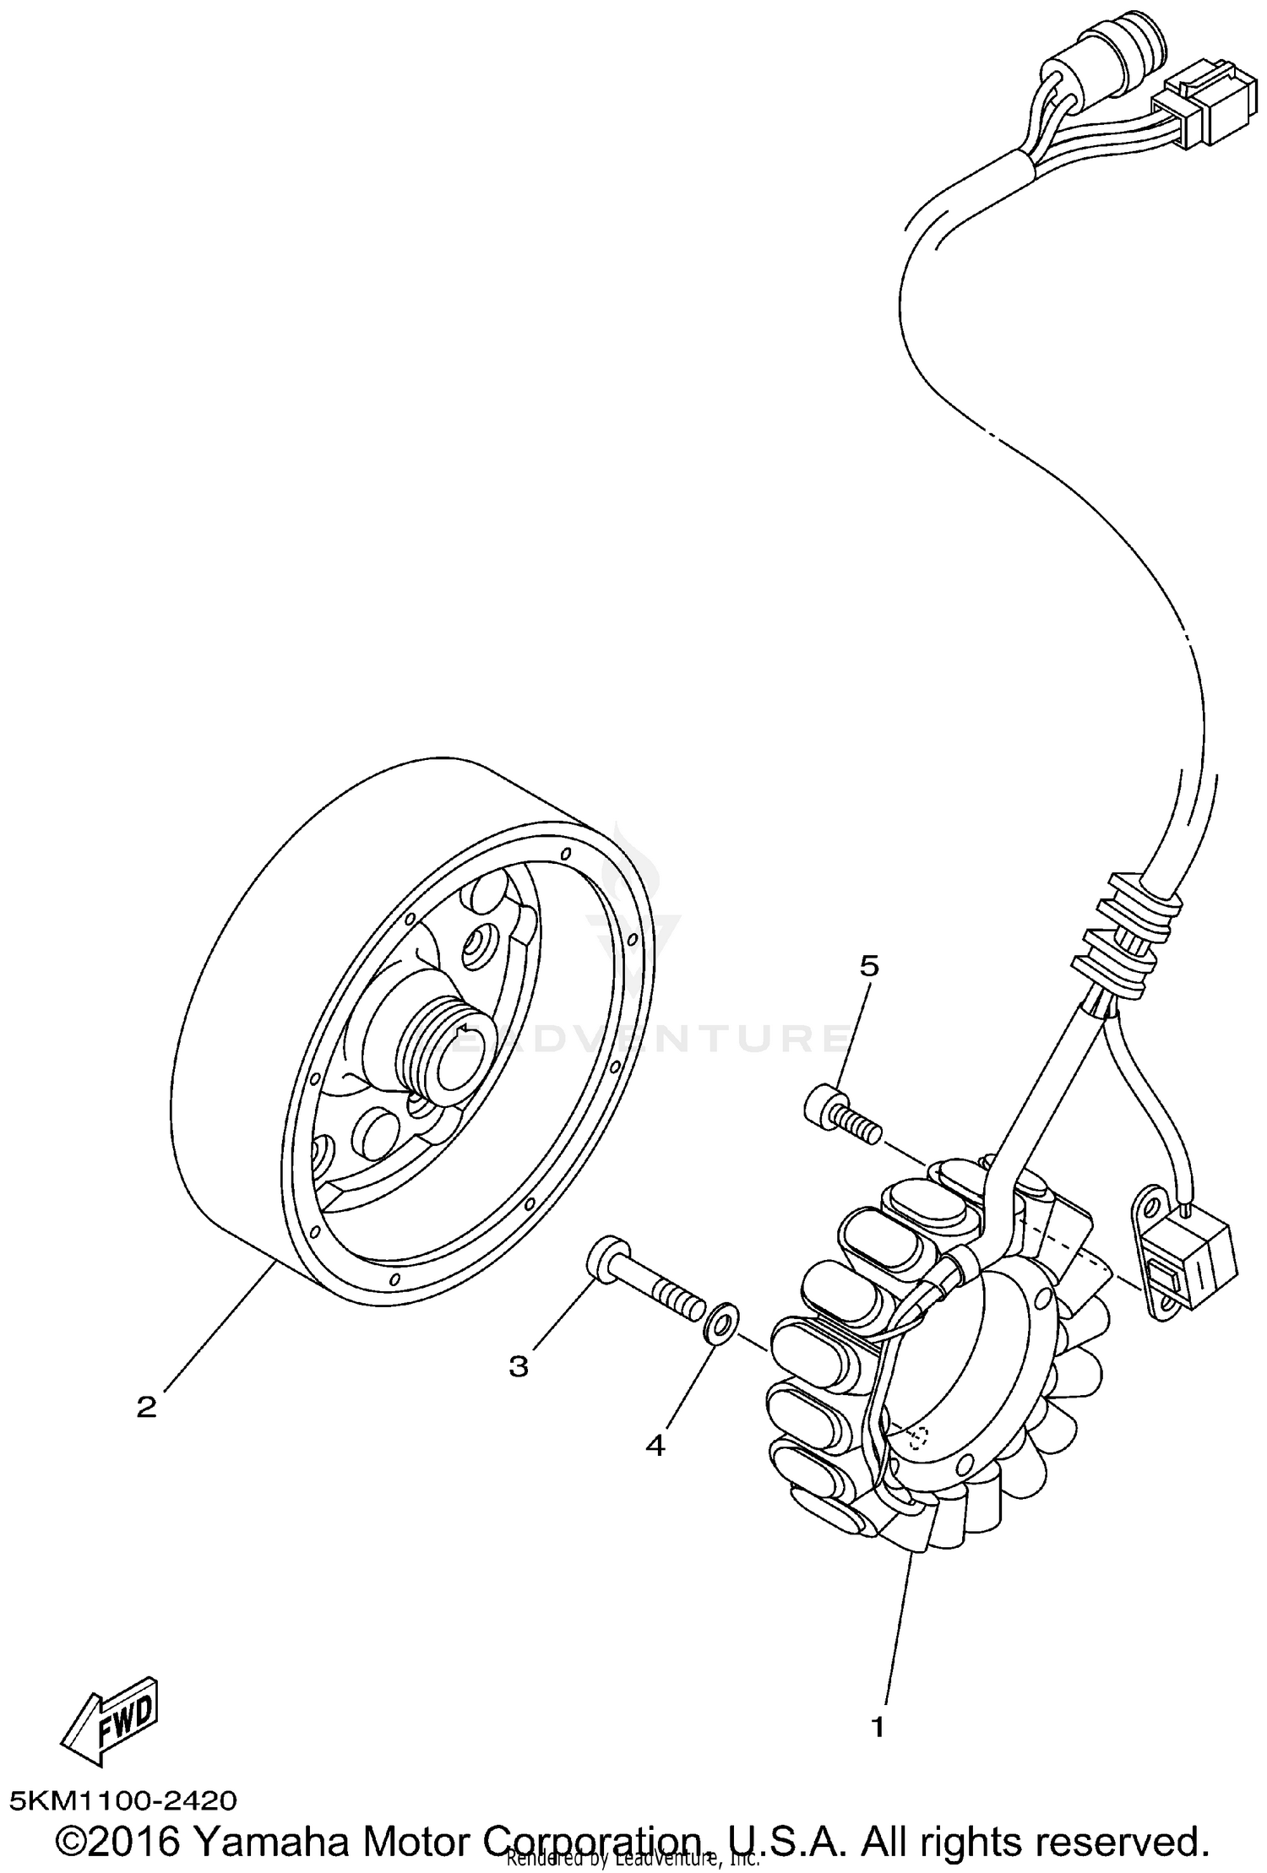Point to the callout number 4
655,1445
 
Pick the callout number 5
869,965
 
